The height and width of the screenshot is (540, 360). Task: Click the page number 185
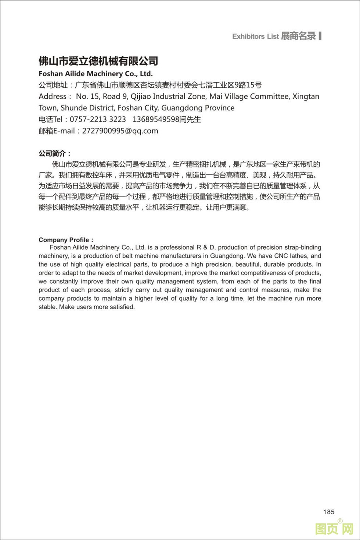pos(329,512)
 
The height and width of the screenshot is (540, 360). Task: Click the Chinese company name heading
pos(98,61)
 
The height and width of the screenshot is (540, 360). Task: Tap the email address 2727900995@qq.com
pos(120,131)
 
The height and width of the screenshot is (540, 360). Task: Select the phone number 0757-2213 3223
pos(98,119)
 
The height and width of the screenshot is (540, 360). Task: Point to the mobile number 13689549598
pos(156,119)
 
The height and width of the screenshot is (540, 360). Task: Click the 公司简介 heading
pos(55,153)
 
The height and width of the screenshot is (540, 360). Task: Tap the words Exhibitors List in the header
pos(255,36)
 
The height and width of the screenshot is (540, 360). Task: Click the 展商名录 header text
pos(298,36)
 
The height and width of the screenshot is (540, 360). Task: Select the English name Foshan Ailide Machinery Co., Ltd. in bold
pos(96,73)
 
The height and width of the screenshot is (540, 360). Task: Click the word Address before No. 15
pos(53,97)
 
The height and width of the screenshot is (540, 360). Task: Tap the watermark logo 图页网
pos(334,529)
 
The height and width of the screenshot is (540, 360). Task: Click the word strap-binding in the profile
pos(304,247)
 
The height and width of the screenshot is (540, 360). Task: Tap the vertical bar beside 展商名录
pos(320,36)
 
